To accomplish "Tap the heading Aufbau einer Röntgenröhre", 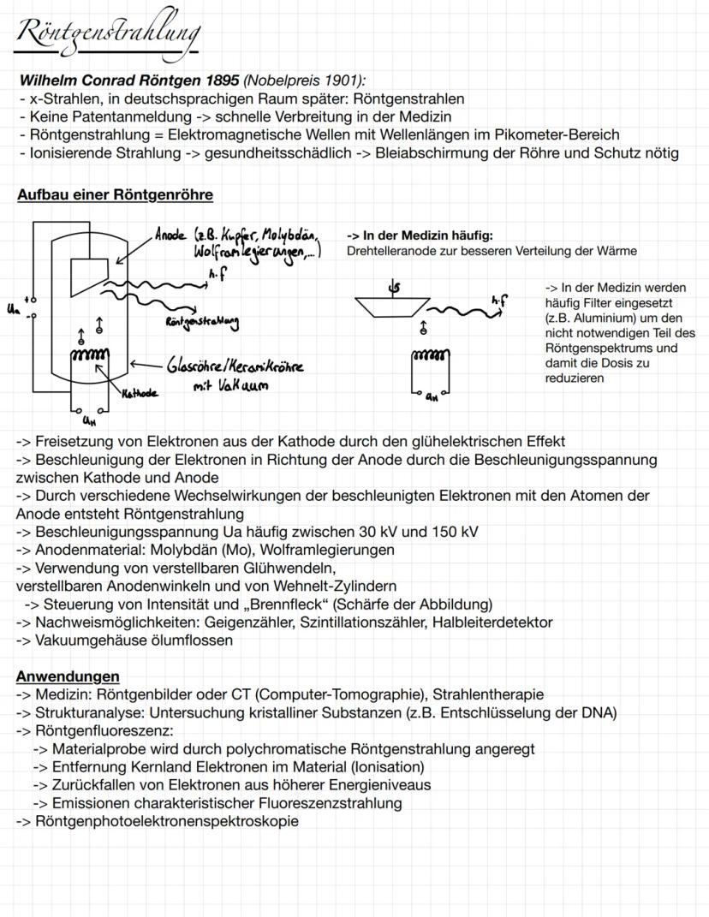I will point(115,194).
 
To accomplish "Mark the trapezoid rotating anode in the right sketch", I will point(393,306).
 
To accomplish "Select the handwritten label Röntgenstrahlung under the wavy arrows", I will point(203,323).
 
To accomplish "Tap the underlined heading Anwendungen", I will point(68,676).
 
